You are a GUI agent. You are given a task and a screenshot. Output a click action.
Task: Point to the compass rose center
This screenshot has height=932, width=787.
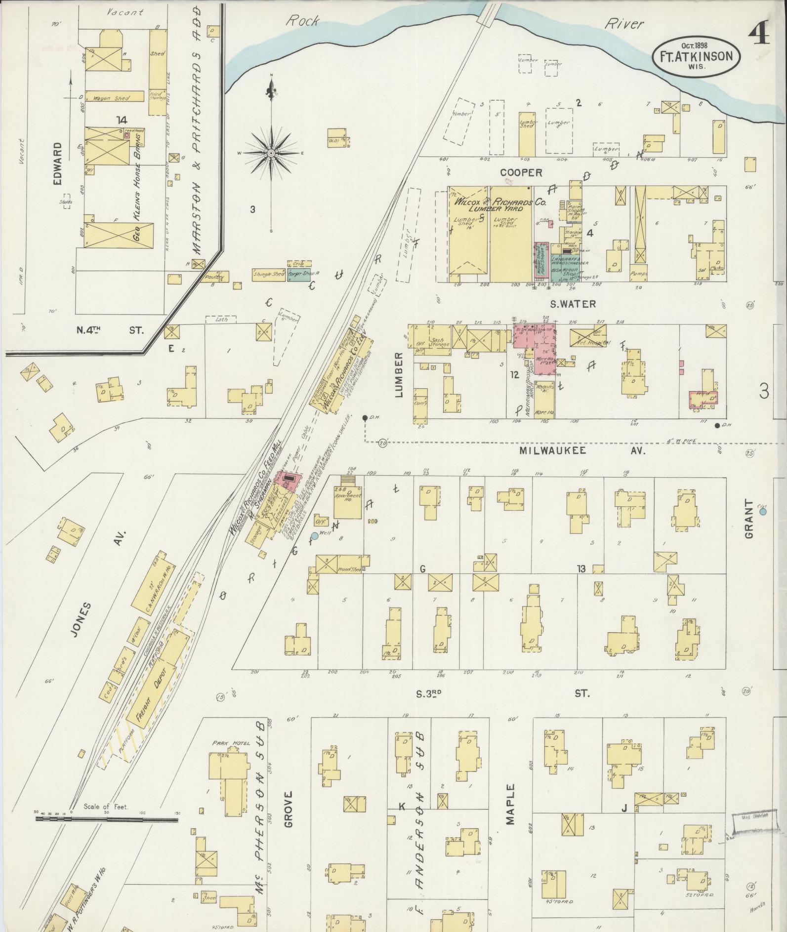(x=271, y=153)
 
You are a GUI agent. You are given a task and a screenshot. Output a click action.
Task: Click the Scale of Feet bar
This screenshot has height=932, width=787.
(x=106, y=819)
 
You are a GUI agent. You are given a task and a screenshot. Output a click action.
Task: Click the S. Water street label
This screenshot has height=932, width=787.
(x=573, y=304)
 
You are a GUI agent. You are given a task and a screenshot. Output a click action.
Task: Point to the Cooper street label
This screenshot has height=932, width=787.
(x=521, y=172)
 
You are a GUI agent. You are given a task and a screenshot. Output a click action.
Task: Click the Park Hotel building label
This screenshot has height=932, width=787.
(x=225, y=742)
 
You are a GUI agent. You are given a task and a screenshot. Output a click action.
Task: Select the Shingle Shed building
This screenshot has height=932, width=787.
(x=269, y=275)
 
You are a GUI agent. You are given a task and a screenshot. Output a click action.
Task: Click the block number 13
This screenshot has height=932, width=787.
(x=581, y=569)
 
